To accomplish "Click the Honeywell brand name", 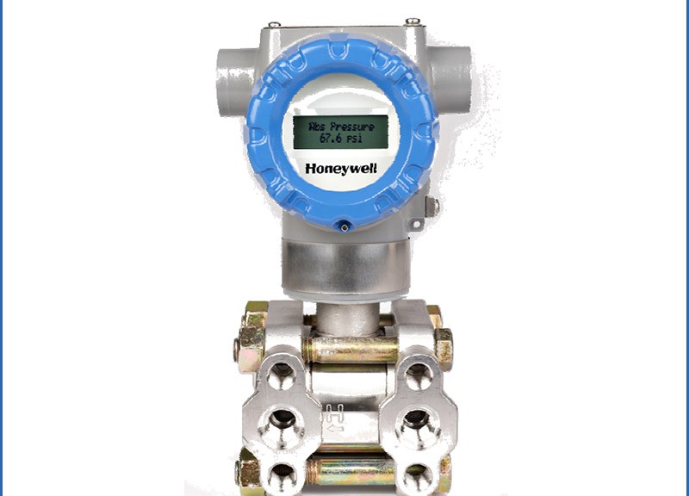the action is (341, 169).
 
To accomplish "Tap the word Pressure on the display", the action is (352, 127).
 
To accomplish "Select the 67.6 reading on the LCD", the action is (332, 139).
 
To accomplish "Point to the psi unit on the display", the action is (355, 139).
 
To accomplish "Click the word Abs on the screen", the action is (317, 127).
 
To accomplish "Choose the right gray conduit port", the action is (450, 79).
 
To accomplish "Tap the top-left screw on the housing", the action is (275, 25).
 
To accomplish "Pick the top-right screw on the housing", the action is (413, 21).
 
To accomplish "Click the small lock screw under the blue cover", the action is (344, 227).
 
